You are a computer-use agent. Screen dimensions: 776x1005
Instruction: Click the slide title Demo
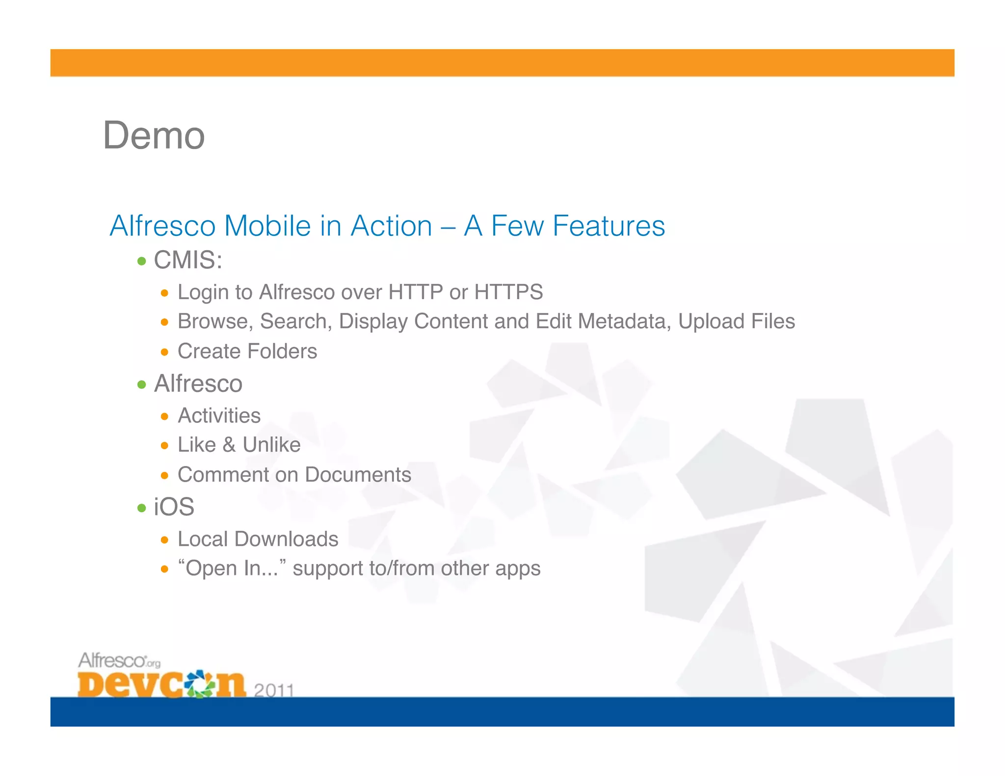point(154,136)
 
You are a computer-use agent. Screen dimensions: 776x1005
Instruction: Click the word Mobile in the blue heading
point(267,226)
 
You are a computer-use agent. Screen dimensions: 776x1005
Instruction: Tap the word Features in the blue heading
point(608,226)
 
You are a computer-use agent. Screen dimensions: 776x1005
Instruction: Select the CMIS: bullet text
point(188,260)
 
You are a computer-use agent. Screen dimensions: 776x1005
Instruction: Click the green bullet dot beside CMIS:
point(142,261)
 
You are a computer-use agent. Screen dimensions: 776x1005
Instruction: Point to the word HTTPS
point(508,292)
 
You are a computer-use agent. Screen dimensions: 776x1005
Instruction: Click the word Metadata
point(624,322)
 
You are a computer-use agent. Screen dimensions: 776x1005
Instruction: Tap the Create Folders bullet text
point(247,351)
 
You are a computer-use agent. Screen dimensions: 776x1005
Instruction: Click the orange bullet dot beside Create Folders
point(164,352)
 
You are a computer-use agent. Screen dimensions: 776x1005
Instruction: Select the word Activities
point(219,416)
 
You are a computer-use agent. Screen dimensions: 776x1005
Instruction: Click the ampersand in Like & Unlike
point(229,445)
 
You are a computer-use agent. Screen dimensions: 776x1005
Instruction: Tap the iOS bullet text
point(174,507)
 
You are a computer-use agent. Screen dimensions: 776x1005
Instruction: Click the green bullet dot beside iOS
point(142,508)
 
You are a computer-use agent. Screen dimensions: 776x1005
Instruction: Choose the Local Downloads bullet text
point(258,539)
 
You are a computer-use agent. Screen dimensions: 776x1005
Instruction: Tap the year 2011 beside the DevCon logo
point(274,690)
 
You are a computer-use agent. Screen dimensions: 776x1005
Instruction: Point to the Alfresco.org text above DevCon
point(119,660)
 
